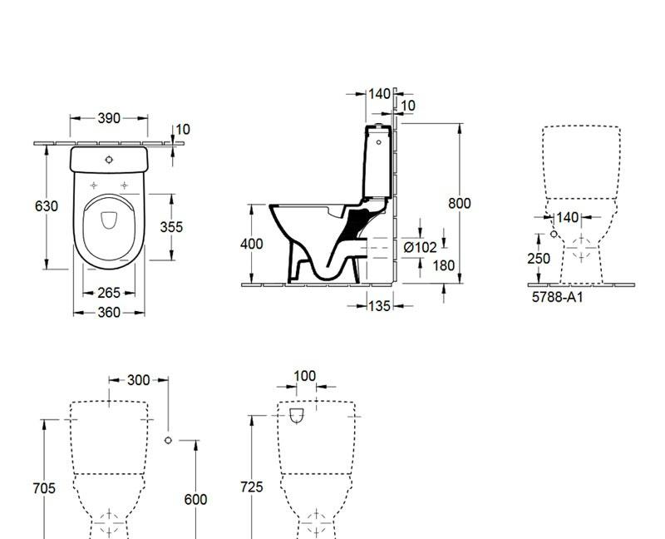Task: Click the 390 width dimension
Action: tap(109, 118)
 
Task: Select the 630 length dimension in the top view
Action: tap(47, 206)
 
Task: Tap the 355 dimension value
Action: tap(170, 226)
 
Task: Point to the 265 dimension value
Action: tap(109, 293)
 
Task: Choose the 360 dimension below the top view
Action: tap(109, 313)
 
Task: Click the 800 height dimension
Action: tap(459, 204)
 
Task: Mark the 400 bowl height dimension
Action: tap(252, 244)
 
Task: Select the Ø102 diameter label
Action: tap(420, 247)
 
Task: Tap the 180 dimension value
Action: tap(421, 265)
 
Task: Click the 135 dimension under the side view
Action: tap(378, 306)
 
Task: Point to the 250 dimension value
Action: tap(539, 259)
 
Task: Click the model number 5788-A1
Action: tap(557, 296)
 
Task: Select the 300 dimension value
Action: tap(138, 380)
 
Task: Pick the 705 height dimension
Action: tap(44, 489)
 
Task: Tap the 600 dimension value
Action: tap(195, 499)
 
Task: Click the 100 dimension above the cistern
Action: tap(305, 376)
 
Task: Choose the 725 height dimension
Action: tap(253, 487)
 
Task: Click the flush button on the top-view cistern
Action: tap(110, 158)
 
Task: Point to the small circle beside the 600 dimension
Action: tap(169, 440)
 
